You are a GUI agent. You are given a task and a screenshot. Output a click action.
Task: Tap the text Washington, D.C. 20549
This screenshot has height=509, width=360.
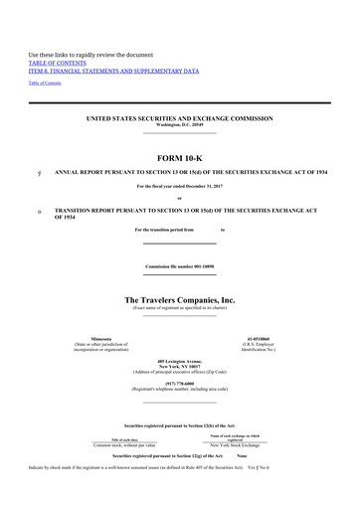(x=180, y=125)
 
